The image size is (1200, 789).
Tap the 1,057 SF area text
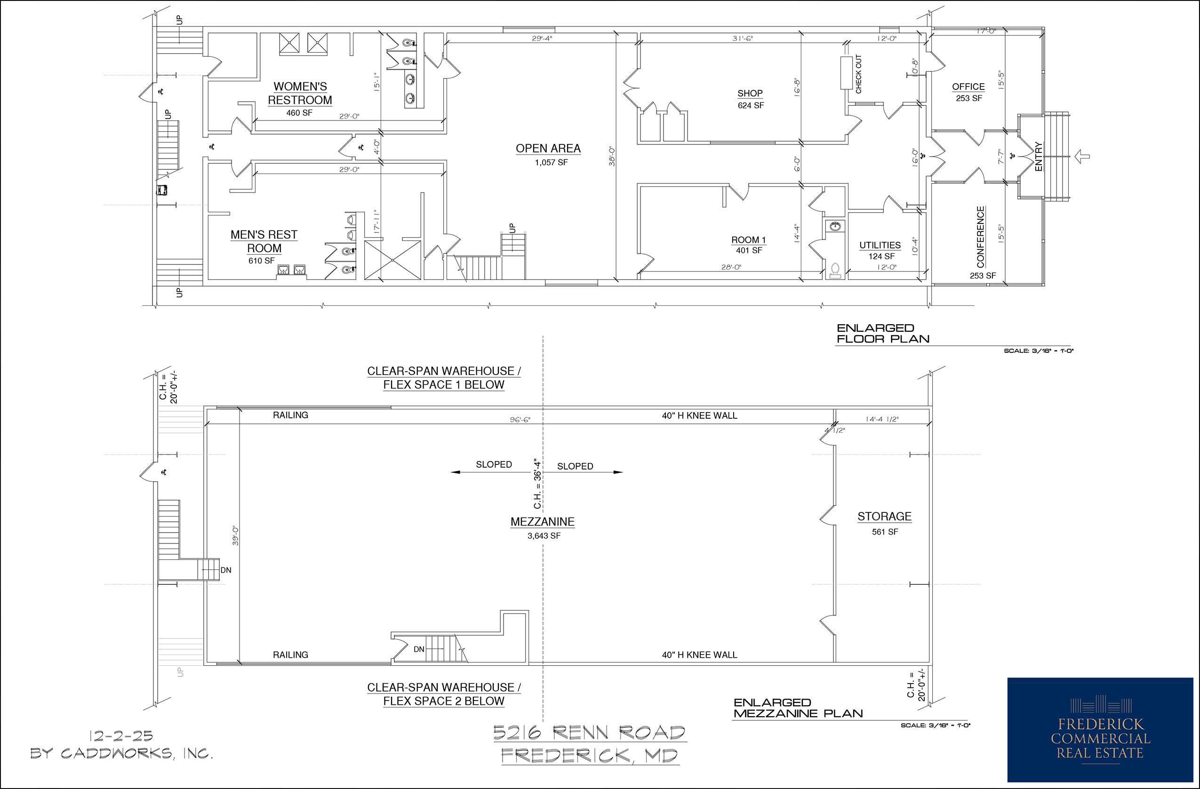[x=551, y=163]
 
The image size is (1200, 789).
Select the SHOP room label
[x=750, y=93]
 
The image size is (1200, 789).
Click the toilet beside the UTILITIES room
[x=835, y=270]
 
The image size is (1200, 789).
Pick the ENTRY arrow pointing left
[x=1082, y=157]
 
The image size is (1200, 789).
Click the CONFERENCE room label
[x=981, y=237]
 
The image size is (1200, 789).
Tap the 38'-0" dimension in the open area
[x=612, y=156]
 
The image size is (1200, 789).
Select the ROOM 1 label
[x=749, y=240]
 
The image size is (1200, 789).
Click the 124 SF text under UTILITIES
[x=881, y=256]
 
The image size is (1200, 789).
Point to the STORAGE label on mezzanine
[x=884, y=516]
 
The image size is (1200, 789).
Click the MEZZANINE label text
[x=543, y=522]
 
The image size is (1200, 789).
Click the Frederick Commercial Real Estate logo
[x=1100, y=730]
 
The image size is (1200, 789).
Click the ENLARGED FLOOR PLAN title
[x=883, y=334]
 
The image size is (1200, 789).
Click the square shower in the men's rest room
[x=392, y=260]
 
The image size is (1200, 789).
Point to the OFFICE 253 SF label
[x=968, y=92]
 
